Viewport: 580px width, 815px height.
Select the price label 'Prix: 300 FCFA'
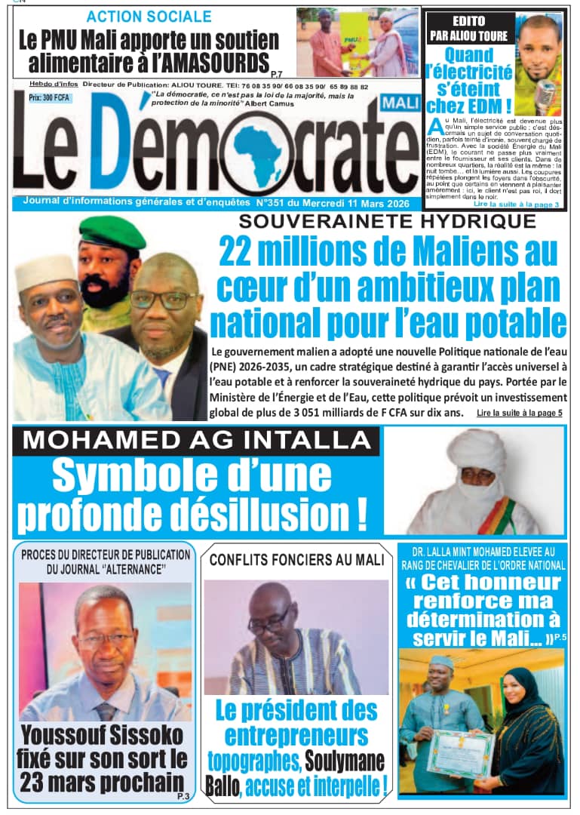(46, 98)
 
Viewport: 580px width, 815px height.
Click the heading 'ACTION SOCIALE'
(149, 16)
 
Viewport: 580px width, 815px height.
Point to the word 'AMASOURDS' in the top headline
(213, 61)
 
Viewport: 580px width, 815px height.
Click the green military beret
(112, 233)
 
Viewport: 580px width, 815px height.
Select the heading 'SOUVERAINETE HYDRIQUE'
(388, 221)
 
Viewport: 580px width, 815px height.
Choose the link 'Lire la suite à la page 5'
(519, 414)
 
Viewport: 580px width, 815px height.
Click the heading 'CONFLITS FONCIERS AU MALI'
(296, 560)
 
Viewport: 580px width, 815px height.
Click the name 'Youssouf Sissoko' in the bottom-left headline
(103, 735)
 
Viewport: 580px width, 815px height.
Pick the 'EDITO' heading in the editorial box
(467, 21)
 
